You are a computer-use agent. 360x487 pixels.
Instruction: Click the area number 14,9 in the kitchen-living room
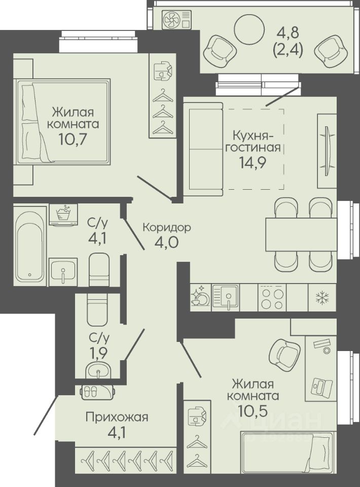252,162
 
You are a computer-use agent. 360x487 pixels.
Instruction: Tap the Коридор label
167,227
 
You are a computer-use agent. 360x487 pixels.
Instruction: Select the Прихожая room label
117,417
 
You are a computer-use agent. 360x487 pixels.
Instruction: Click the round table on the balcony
249,30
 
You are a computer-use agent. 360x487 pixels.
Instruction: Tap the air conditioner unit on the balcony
177,20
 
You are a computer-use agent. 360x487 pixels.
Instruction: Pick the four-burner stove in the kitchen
272,297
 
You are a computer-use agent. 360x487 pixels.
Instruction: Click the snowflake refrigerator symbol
322,298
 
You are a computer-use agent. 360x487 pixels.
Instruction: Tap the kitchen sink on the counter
225,297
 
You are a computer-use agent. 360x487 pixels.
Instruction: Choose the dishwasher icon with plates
200,297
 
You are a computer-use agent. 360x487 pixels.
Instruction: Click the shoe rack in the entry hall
98,392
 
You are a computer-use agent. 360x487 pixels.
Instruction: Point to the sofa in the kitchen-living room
203,149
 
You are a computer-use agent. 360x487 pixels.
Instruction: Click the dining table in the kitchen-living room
301,234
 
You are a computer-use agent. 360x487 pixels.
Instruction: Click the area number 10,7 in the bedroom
73,139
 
